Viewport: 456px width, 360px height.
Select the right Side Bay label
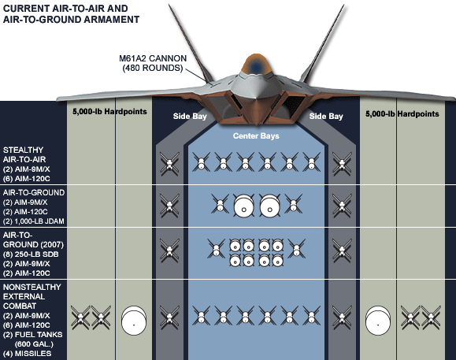325,116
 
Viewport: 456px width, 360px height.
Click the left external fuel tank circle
136,320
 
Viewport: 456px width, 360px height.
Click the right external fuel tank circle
382,320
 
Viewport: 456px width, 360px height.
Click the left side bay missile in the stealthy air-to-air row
167,165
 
